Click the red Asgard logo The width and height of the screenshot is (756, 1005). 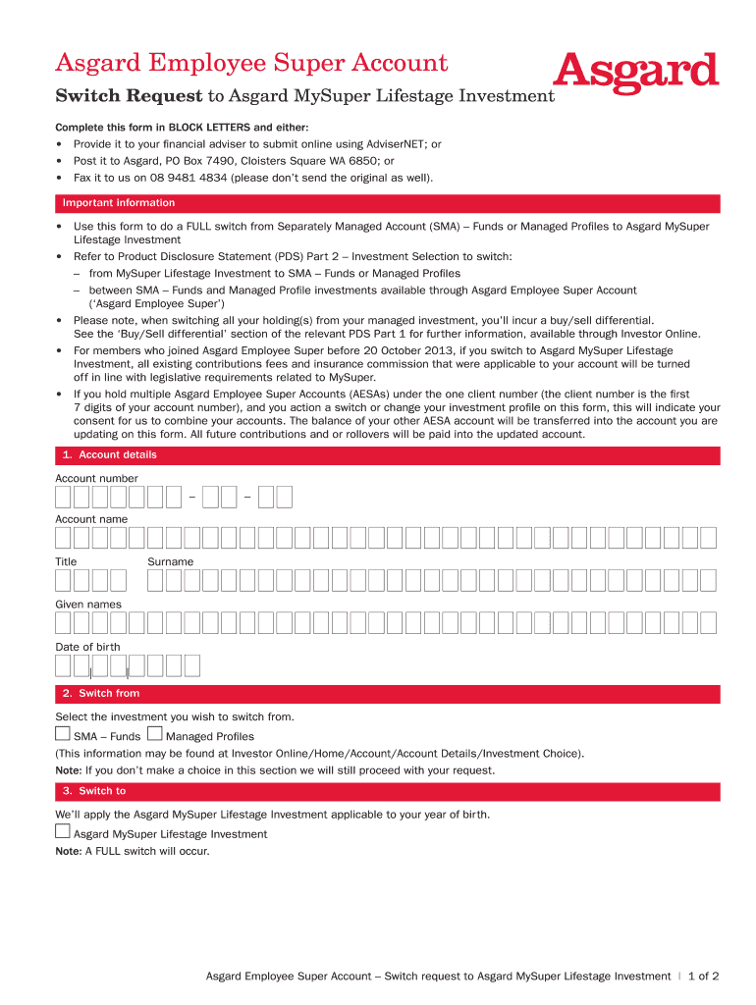636,73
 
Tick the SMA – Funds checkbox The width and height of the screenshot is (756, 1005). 63,734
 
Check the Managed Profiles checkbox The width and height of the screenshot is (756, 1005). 154,734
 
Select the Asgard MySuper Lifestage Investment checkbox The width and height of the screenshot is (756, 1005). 63,831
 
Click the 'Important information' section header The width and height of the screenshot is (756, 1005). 119,203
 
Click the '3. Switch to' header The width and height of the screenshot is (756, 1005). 94,791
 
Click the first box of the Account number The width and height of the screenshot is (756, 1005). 63,498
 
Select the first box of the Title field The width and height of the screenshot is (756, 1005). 63,580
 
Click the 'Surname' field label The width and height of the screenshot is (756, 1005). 171,561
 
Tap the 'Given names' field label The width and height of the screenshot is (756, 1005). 88,605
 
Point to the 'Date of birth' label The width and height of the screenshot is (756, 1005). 87,647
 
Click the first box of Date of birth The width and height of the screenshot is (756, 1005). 63,666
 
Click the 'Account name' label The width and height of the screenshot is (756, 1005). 91,519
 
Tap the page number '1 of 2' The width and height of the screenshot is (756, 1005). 704,977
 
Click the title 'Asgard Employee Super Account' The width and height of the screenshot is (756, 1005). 251,64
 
